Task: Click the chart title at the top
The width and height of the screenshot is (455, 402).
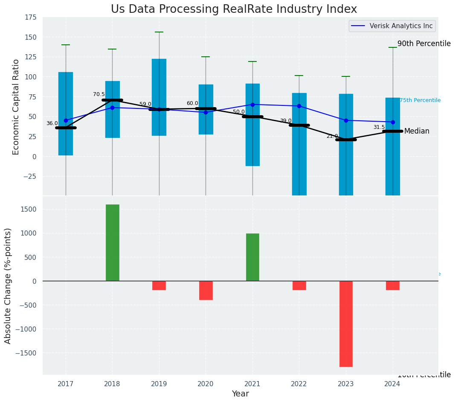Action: tap(234, 9)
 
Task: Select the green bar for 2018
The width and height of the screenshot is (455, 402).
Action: tap(112, 242)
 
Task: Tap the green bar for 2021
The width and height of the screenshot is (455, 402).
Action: tap(252, 257)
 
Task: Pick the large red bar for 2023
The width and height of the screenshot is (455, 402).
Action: tap(346, 323)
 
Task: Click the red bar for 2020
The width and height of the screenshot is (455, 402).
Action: tap(206, 290)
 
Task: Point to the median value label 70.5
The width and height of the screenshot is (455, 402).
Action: tap(99, 94)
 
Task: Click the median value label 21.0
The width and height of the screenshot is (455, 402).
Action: tap(332, 136)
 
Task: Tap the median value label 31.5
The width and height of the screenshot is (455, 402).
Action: tap(379, 127)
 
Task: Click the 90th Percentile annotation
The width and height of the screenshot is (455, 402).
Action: tap(424, 44)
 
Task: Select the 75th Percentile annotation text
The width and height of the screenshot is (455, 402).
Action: tap(420, 100)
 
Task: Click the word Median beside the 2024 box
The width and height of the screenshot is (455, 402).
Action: tap(417, 131)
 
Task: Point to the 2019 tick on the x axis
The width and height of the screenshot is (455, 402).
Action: tap(159, 384)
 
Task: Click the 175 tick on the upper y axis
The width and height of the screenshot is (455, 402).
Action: tap(30, 17)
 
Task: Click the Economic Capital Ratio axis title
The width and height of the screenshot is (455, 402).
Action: tap(16, 107)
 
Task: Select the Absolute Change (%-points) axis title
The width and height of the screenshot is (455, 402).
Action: tap(8, 285)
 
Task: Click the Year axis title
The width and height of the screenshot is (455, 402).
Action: tap(240, 394)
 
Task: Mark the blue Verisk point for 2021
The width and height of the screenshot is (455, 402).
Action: tap(252, 105)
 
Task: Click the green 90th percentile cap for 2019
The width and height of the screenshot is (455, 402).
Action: tap(159, 32)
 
